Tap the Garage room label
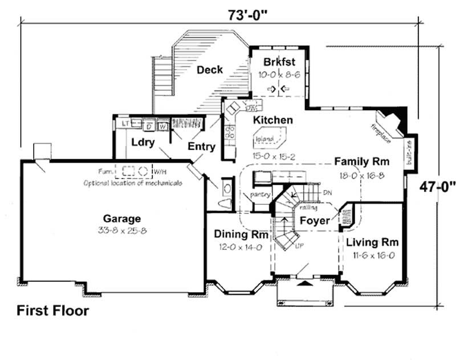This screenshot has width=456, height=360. click(x=122, y=219)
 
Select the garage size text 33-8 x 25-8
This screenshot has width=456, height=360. click(x=121, y=230)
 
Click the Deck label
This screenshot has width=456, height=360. click(x=209, y=70)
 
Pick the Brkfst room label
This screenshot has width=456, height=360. click(x=278, y=62)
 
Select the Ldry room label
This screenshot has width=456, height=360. click(x=142, y=143)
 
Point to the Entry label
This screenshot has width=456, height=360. click(x=202, y=147)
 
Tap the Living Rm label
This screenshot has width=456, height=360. click(x=372, y=241)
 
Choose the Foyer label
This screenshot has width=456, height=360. click(x=315, y=220)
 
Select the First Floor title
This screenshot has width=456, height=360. click(x=52, y=311)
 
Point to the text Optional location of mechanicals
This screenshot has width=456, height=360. click(x=133, y=183)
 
